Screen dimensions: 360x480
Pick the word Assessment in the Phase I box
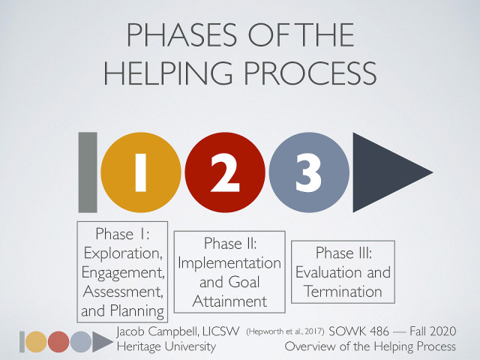pyautogui.click(x=122, y=291)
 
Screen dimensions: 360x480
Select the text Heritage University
pyautogui.click(x=166, y=346)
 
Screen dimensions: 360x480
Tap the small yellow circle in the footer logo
pyautogui.click(x=35, y=342)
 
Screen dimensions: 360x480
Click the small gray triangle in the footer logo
pyautogui.click(x=100, y=342)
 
